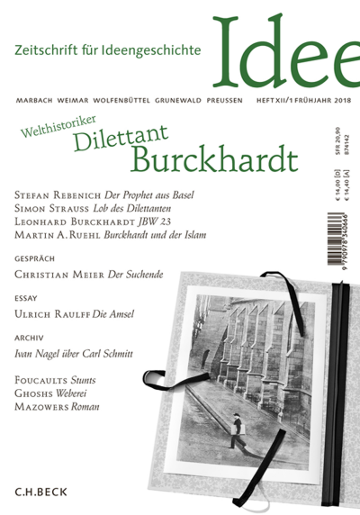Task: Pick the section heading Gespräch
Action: pyautogui.click(x=31, y=267)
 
